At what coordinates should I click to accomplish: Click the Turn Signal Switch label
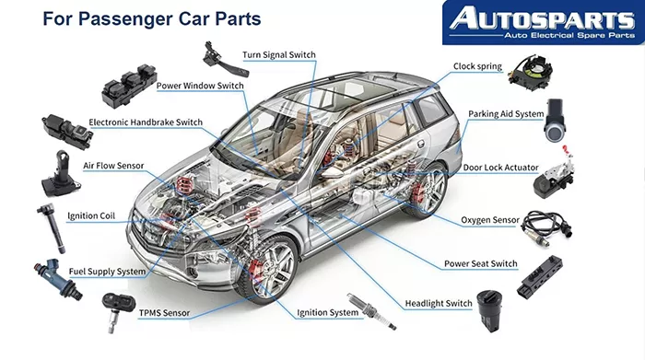pyautogui.click(x=279, y=54)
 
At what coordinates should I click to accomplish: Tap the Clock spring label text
pyautogui.click(x=477, y=66)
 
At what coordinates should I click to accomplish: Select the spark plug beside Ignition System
pyautogui.click(x=371, y=311)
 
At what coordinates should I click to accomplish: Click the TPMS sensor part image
pyautogui.click(x=117, y=311)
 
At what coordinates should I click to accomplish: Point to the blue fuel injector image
pyautogui.click(x=58, y=279)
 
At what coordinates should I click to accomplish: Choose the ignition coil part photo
pyautogui.click(x=52, y=228)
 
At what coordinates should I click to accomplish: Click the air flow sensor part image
pyautogui.click(x=60, y=174)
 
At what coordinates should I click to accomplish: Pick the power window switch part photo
pyautogui.click(x=129, y=85)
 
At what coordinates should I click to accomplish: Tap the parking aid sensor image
pyautogui.click(x=555, y=120)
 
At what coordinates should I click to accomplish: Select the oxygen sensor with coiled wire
pyautogui.click(x=547, y=227)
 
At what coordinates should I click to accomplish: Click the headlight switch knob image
pyautogui.click(x=489, y=310)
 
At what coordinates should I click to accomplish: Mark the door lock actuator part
pyautogui.click(x=554, y=175)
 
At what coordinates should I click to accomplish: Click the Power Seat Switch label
pyautogui.click(x=480, y=264)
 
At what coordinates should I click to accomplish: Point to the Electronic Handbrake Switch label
pyautogui.click(x=146, y=122)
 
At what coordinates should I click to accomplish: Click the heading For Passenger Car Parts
pyautogui.click(x=152, y=19)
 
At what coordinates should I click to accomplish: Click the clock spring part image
pyautogui.click(x=531, y=72)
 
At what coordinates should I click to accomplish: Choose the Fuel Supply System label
pyautogui.click(x=107, y=272)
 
